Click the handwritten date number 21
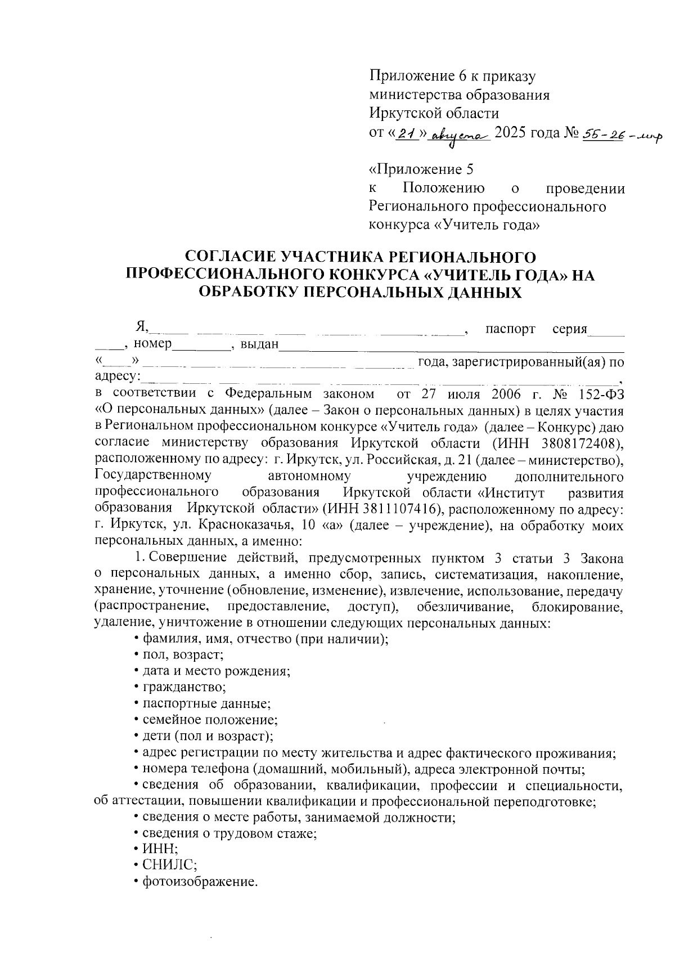(x=407, y=133)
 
